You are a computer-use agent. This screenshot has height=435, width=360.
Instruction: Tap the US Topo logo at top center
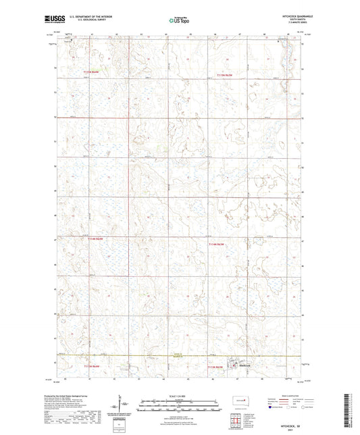[178, 21]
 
